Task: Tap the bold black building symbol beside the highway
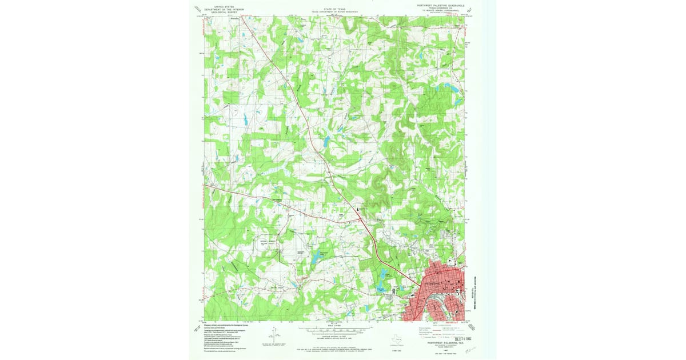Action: tap(360, 210)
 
